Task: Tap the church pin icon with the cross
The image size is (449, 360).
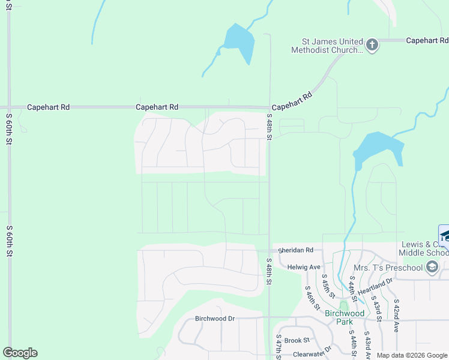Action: (372, 46)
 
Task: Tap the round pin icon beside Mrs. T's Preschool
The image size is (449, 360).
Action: (432, 267)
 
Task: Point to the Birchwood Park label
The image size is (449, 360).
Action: (345, 317)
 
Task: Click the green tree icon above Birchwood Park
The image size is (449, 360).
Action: (344, 306)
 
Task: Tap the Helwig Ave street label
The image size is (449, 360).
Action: (304, 267)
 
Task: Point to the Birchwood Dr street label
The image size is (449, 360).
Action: (214, 319)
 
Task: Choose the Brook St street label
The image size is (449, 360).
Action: (297, 340)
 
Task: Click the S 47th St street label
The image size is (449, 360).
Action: (279, 347)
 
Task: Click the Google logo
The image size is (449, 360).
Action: (20, 353)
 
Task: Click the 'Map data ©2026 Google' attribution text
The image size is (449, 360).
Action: (412, 355)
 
